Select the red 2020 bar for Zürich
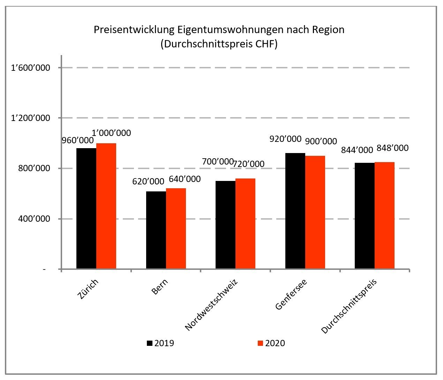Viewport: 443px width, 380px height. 106,206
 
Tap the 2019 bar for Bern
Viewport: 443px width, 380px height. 156,230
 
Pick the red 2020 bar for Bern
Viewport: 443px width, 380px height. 176,228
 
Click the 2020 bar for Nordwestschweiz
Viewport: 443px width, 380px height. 245,223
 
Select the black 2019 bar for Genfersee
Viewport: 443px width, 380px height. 295,211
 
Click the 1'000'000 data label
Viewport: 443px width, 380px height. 111,133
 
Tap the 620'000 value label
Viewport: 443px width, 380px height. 148,181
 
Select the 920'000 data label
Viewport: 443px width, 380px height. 285,139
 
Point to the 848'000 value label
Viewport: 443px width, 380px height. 392,148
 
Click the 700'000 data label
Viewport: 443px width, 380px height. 217,161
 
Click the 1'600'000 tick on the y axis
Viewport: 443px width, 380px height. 31,68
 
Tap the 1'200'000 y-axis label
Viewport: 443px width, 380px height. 31,118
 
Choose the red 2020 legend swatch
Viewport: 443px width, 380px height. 260,343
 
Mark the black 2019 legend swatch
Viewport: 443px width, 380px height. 150,343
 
